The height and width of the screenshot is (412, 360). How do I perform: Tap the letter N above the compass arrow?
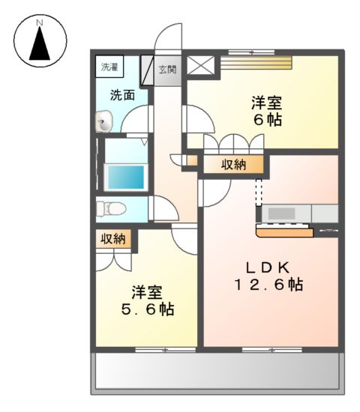40,22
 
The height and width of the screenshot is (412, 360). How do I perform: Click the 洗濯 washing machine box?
109,67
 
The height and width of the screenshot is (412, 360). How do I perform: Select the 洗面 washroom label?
122,95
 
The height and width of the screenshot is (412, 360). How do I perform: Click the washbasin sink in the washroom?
103,120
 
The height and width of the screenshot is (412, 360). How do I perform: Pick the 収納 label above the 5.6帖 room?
113,239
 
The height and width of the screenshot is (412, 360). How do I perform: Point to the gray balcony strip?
217,370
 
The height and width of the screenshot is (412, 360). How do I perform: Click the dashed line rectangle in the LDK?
259,191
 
